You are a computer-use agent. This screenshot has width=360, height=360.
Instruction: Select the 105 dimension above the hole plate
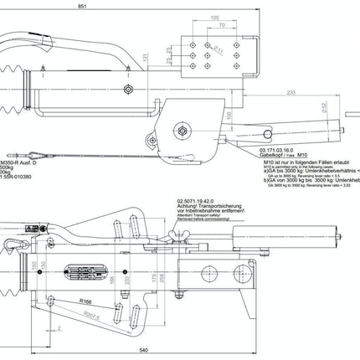tap(215, 17)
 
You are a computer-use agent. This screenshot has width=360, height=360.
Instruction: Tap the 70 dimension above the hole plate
tap(223, 25)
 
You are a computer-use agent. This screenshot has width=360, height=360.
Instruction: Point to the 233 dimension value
tap(316, 93)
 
